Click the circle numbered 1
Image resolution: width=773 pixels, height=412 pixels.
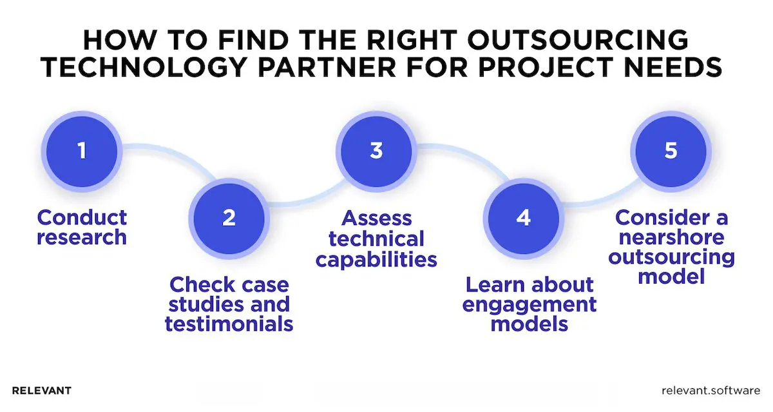(81, 152)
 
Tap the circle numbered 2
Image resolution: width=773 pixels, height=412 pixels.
(229, 217)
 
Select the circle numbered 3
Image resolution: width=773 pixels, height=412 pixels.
(376, 152)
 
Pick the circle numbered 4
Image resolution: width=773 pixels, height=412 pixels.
(523, 217)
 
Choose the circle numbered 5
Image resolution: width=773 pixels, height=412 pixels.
(671, 152)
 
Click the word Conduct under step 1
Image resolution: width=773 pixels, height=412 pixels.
(82, 217)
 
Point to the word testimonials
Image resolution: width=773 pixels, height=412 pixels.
(229, 323)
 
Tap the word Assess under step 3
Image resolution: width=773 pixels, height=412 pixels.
(376, 217)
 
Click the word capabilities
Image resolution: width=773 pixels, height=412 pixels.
(376, 259)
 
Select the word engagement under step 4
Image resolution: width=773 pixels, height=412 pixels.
(530, 304)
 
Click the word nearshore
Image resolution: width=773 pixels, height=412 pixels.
(671, 238)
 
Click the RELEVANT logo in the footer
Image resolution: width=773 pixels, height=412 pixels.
(42, 390)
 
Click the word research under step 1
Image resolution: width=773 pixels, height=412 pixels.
(82, 238)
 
